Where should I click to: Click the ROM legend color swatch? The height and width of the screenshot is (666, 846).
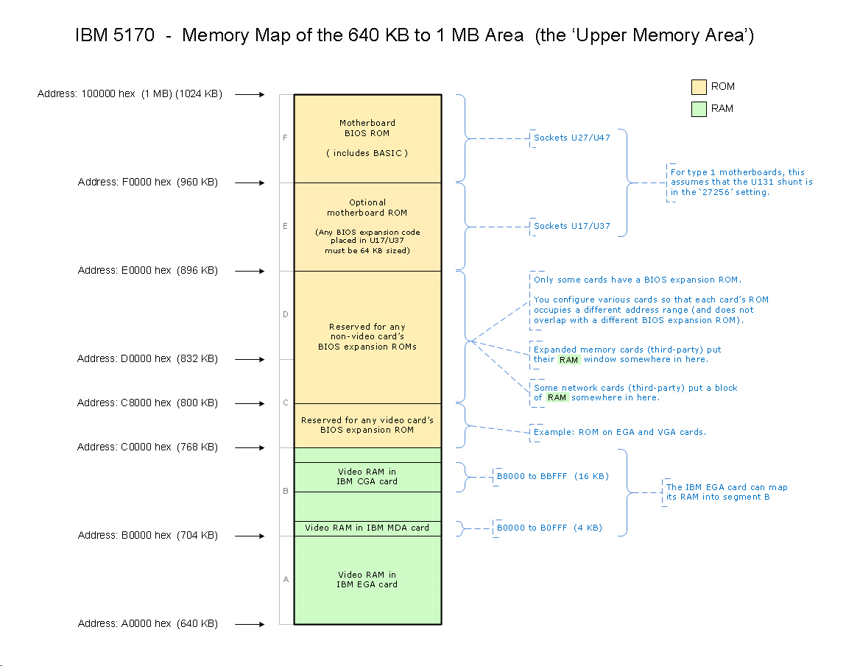tap(698, 87)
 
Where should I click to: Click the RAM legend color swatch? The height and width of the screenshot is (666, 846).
tap(698, 109)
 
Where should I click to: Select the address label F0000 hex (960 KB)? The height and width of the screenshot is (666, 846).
tap(148, 183)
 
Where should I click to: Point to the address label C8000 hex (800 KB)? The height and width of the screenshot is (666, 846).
tap(148, 403)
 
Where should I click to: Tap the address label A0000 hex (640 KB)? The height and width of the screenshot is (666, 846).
tap(148, 624)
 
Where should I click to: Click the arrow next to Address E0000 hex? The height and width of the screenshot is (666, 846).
tap(250, 271)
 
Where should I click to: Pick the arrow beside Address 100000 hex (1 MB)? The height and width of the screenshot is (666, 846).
tap(250, 94)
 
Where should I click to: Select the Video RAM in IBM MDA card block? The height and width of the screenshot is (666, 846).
tap(367, 528)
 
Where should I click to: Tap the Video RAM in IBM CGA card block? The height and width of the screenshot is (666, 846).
tap(367, 477)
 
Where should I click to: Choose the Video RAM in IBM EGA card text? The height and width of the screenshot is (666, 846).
tap(367, 580)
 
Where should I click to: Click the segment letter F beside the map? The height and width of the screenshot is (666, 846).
tap(285, 138)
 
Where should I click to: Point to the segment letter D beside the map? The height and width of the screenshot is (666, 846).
tap(285, 315)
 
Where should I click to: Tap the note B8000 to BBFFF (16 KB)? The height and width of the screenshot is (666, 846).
tap(553, 476)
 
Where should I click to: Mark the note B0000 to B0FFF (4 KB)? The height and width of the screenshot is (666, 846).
tap(549, 528)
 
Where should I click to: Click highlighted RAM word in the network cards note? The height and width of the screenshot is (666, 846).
tap(557, 397)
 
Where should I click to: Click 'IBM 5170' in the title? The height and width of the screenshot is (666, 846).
tap(115, 35)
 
